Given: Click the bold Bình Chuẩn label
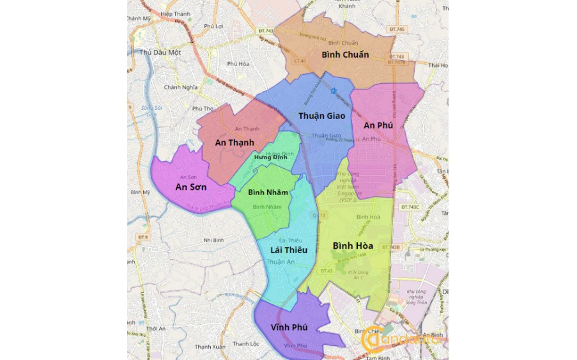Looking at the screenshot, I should pyautogui.click(x=345, y=55).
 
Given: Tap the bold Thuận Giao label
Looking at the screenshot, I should pyautogui.click(x=321, y=116).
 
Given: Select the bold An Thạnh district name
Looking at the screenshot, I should pyautogui.click(x=235, y=143).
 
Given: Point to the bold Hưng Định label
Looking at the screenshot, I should pyautogui.click(x=270, y=157).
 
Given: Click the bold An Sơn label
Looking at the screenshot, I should pyautogui.click(x=190, y=187).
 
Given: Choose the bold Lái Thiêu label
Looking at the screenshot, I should pyautogui.click(x=289, y=249).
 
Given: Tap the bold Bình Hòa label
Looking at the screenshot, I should pyautogui.click(x=353, y=246).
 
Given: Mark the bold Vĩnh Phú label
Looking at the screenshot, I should pyautogui.click(x=289, y=327).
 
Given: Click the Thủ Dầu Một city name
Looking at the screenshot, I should pyautogui.click(x=160, y=52).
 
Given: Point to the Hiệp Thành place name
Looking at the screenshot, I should pyautogui.click(x=176, y=13).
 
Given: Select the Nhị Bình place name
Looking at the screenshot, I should pyautogui.click(x=216, y=240).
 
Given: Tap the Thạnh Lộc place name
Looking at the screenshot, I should pyautogui.click(x=245, y=344).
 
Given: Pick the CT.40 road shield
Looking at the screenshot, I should pyautogui.click(x=300, y=61).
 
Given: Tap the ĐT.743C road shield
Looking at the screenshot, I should pyautogui.click(x=410, y=207).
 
